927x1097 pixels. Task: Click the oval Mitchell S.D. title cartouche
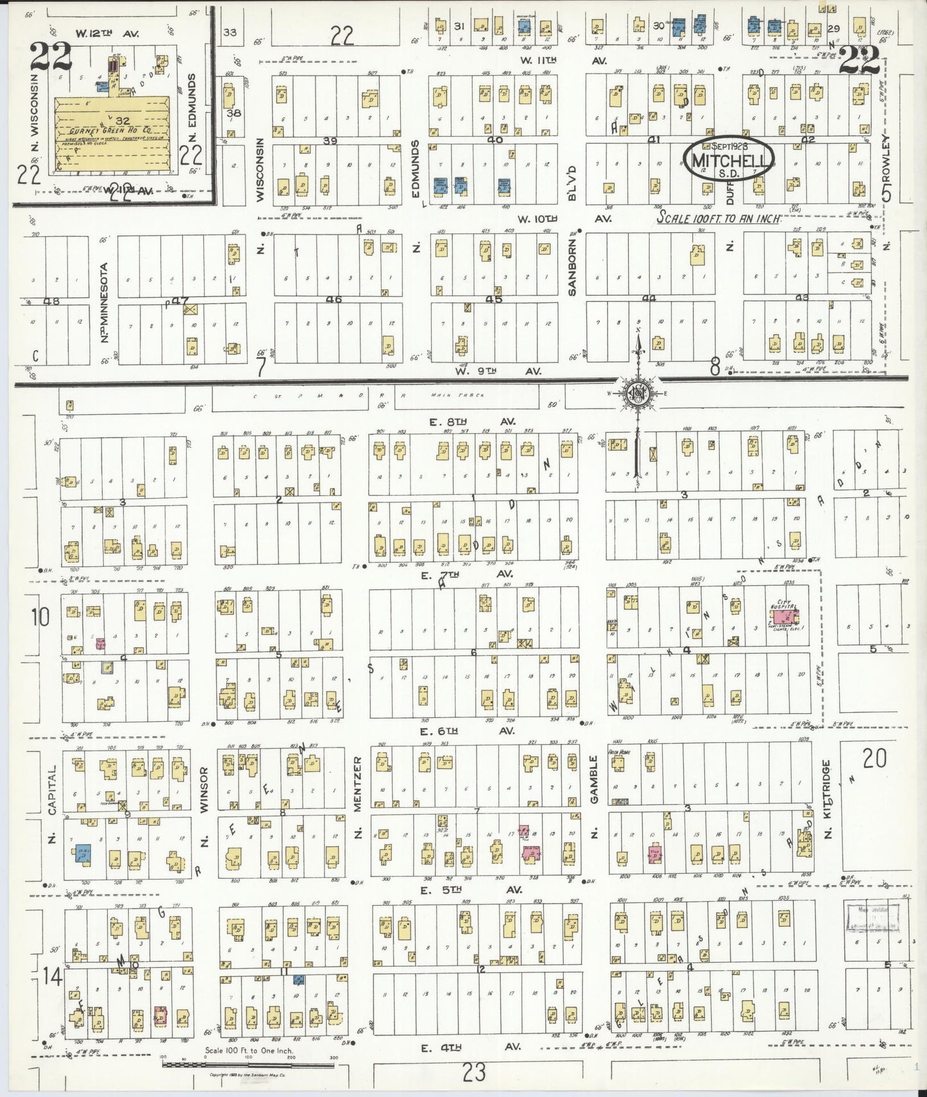[x=729, y=160]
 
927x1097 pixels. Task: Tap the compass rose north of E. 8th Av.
[x=638, y=393]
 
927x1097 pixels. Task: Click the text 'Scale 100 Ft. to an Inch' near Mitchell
[x=719, y=218]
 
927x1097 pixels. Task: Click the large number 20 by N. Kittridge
[x=874, y=760]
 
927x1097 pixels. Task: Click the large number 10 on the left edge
[x=40, y=618]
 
